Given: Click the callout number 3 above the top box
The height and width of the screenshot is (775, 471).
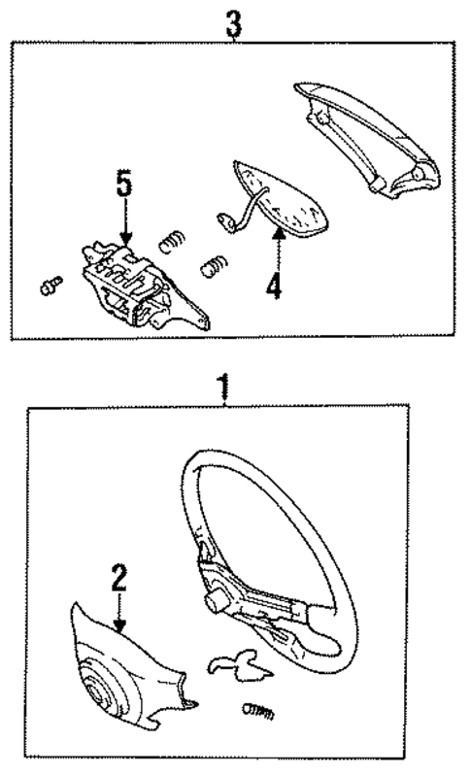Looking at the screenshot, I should (x=234, y=24).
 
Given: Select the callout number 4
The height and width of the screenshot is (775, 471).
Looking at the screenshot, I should (x=276, y=286).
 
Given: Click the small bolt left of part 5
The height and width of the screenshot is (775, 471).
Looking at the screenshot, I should (x=50, y=286).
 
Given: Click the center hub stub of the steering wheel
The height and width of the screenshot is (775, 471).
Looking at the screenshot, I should (x=211, y=603).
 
